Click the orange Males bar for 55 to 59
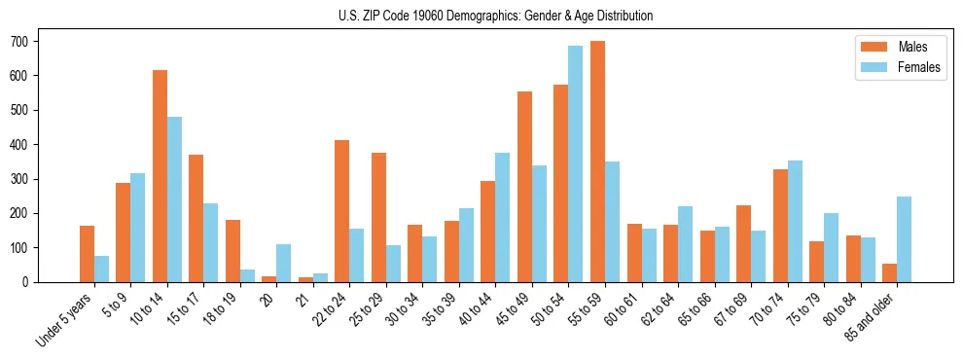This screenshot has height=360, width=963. click(597, 162)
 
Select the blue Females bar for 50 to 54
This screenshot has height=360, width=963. click(576, 163)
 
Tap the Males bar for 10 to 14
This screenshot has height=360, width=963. click(160, 176)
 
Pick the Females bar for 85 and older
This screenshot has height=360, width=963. click(904, 239)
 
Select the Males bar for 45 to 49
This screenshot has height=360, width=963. click(524, 187)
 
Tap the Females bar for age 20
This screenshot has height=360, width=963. click(284, 263)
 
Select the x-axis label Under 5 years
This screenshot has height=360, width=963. click(64, 320)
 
